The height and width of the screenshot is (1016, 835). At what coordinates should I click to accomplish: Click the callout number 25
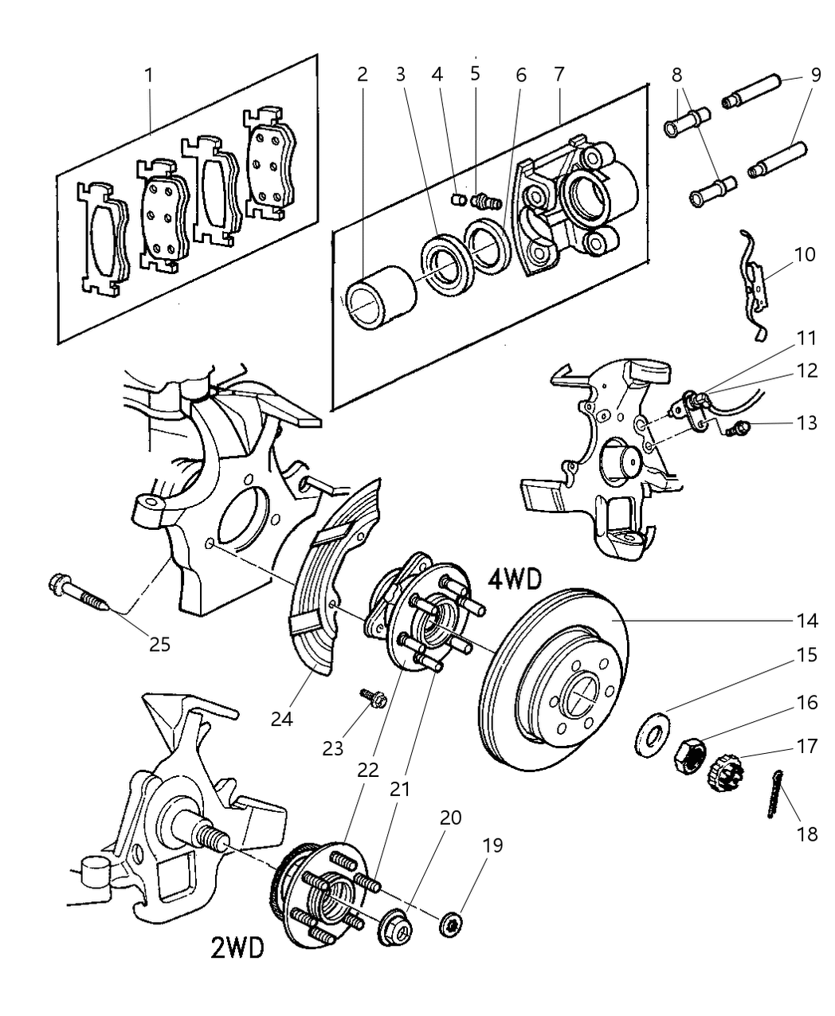point(159,643)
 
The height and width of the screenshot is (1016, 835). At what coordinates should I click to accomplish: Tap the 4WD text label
point(513,579)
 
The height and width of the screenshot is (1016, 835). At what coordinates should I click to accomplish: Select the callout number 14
point(806,619)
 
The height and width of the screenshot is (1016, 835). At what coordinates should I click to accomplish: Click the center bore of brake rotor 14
point(578,694)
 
